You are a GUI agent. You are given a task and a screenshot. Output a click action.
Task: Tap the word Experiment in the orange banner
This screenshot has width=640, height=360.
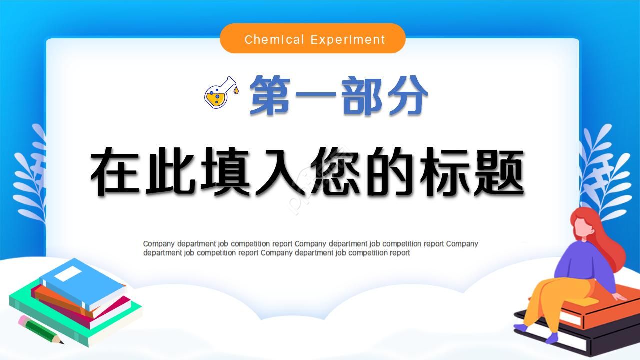click(348, 39)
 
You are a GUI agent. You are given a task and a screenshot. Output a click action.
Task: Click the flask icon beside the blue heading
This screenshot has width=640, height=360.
click(220, 92)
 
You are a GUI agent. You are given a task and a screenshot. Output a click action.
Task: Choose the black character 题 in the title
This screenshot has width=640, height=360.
click(497, 171)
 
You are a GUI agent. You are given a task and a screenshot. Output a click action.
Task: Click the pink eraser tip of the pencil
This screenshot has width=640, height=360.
click(24, 320)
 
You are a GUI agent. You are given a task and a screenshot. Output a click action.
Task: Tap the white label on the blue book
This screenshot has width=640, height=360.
click(67, 273)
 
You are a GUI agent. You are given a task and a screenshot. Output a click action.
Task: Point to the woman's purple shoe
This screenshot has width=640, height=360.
click(550, 338)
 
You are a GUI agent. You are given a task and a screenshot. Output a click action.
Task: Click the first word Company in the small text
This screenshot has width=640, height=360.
click(159, 244)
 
